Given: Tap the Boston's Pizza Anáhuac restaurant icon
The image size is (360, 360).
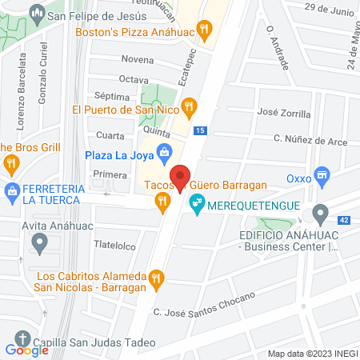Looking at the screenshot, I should click(206, 32).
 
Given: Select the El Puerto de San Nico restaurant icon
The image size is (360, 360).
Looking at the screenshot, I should click(189, 105).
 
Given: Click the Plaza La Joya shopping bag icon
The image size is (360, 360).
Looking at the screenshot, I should click(164, 151).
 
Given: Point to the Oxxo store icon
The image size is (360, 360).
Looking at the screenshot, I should click(322, 174).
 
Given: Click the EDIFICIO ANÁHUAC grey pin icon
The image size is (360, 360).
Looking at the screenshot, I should click(321, 214).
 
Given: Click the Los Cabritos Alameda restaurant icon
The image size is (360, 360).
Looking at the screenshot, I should click(157, 279).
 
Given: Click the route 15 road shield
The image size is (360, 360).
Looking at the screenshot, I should click(199, 130).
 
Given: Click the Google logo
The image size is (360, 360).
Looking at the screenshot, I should click(26, 350).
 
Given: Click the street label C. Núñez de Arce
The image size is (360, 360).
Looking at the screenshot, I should click(303, 138).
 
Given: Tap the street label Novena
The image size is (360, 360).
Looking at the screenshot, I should click(137, 59).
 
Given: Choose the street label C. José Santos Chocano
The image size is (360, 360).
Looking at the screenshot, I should click(203, 306).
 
